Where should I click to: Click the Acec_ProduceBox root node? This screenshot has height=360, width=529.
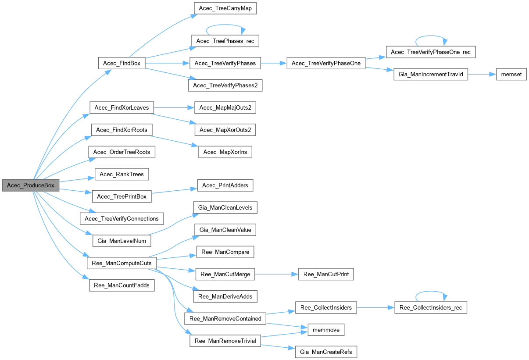[30, 185]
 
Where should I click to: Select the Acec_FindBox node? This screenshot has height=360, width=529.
[122, 63]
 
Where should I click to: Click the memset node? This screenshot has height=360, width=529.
[511, 74]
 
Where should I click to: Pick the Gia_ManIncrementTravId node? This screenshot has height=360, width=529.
[431, 74]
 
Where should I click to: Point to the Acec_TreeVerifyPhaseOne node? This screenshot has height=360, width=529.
[326, 63]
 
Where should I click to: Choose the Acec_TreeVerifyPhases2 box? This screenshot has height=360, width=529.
[225, 85]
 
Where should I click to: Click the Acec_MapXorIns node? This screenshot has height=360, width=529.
[225, 152]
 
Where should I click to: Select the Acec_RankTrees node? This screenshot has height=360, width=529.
[122, 174]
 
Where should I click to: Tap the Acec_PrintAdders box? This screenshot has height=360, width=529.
[225, 185]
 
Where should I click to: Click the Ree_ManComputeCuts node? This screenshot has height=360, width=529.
[122, 263]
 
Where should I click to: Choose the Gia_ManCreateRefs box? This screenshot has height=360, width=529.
[326, 352]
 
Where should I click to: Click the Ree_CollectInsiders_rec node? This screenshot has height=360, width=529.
[430, 307]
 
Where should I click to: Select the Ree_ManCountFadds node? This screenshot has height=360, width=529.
[122, 285]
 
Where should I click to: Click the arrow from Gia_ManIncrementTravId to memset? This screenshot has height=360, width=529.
[482, 74]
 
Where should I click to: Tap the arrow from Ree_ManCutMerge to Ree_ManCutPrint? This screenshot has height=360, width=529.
[276, 274]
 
